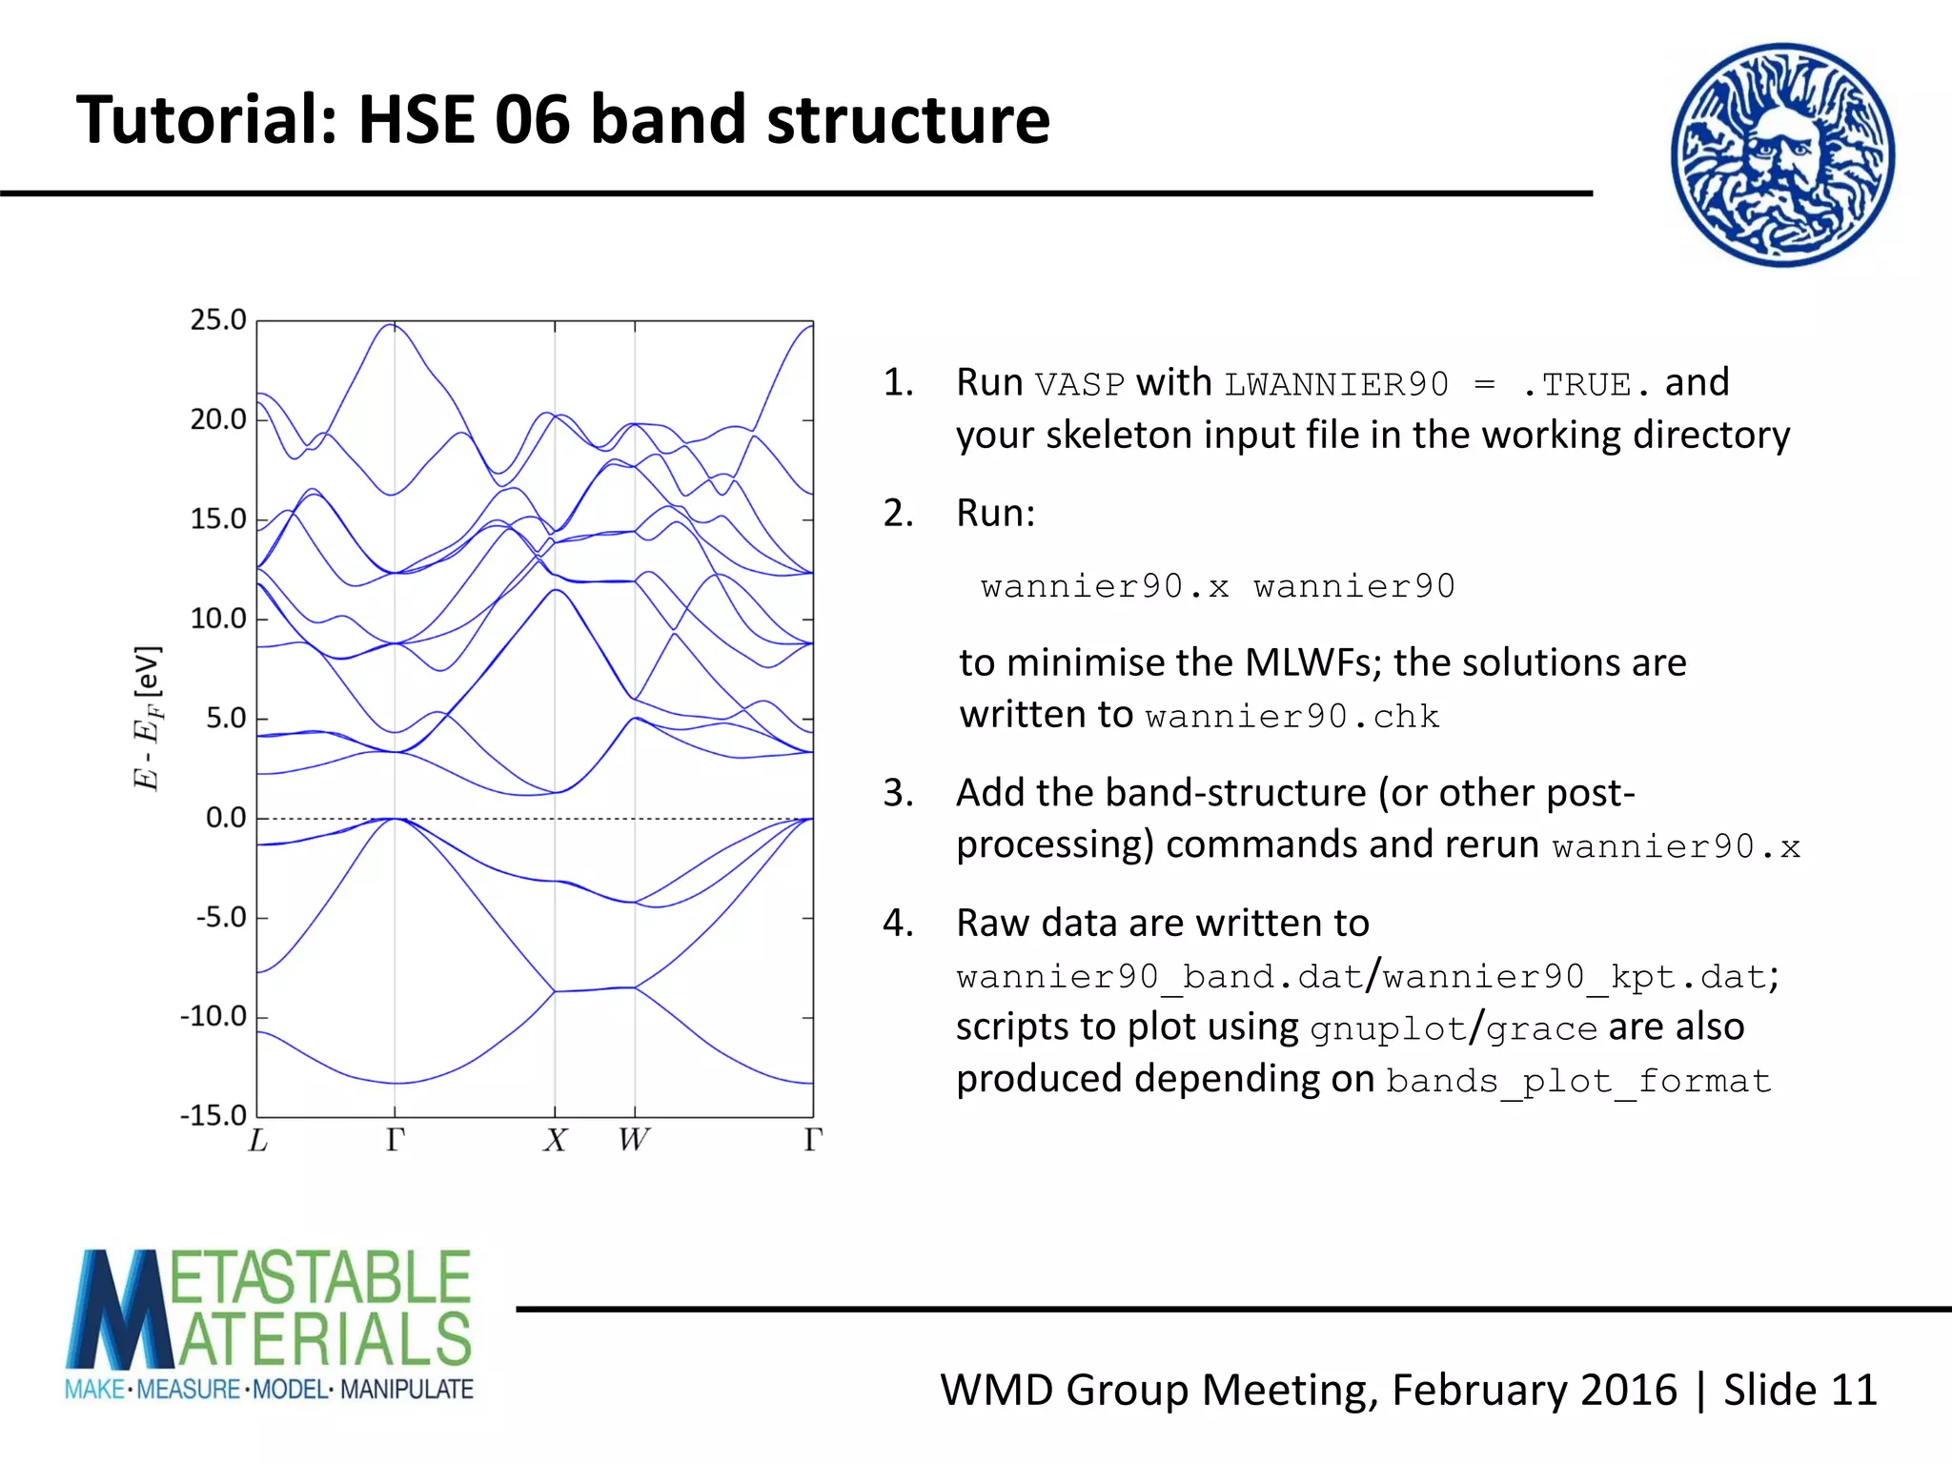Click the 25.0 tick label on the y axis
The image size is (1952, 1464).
point(218,320)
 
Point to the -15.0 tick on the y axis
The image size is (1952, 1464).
point(213,1116)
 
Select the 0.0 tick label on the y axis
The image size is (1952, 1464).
point(226,819)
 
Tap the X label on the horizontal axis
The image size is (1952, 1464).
point(556,1141)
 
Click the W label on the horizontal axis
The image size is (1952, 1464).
point(634,1141)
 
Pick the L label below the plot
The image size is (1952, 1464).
point(257,1141)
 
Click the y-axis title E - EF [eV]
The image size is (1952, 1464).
point(148,718)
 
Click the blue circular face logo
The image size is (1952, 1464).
point(1782,155)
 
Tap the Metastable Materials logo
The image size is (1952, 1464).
point(270,1325)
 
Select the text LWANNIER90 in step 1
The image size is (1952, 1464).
point(1336,385)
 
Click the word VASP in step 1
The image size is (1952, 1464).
point(1080,385)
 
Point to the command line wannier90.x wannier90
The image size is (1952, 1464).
point(1217,586)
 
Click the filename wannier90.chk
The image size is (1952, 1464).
point(1291,717)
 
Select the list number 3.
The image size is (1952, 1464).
point(897,793)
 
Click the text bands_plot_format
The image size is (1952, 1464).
point(1578,1082)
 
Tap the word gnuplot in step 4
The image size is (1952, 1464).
point(1388,1029)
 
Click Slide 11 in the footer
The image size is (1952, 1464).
point(1799,1390)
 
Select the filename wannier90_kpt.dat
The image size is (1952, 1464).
point(1576,977)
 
